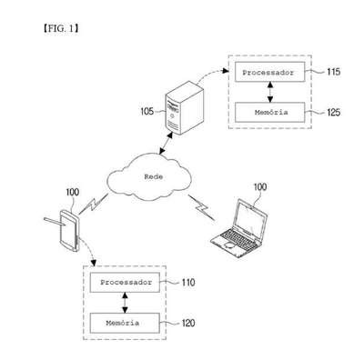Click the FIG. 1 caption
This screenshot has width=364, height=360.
click(x=61, y=29)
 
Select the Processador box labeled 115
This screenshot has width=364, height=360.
click(x=269, y=72)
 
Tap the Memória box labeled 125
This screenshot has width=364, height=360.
click(x=269, y=113)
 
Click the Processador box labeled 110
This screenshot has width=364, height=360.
click(x=125, y=283)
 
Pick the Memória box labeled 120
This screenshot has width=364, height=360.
click(x=125, y=323)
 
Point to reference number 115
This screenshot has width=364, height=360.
click(x=333, y=72)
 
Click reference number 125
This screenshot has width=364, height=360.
click(x=334, y=113)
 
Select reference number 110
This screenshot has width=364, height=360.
click(x=188, y=283)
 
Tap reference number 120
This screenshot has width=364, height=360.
click(x=188, y=323)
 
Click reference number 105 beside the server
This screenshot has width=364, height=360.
click(x=147, y=112)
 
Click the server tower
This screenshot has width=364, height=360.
click(x=185, y=107)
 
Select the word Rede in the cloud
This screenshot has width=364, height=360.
click(x=153, y=176)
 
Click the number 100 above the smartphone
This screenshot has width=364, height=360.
click(x=73, y=192)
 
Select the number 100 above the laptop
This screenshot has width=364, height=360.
click(x=260, y=187)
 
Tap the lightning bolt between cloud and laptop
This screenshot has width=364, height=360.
click(x=201, y=207)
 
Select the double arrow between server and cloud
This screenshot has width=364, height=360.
click(x=167, y=143)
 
